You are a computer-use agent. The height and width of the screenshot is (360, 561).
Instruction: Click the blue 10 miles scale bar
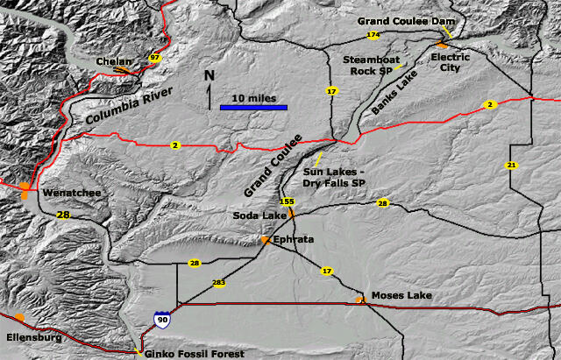(253, 108)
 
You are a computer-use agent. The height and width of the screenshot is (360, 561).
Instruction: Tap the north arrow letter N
(209, 76)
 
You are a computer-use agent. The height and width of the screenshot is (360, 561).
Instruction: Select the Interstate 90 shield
(161, 321)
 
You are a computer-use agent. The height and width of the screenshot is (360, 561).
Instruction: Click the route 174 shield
(373, 35)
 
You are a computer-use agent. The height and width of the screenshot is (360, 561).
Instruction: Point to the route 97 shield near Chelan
(155, 59)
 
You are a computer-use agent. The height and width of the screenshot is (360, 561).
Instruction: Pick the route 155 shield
(287, 201)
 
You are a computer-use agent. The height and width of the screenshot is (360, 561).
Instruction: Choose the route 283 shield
(218, 283)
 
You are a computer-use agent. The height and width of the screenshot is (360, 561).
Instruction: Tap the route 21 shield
(511, 165)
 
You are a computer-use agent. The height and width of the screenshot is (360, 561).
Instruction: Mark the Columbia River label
(129, 104)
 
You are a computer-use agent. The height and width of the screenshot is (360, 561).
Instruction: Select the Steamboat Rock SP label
(366, 66)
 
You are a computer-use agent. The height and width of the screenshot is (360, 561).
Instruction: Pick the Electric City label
(450, 63)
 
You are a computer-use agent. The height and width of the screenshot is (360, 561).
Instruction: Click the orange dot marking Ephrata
(265, 239)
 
